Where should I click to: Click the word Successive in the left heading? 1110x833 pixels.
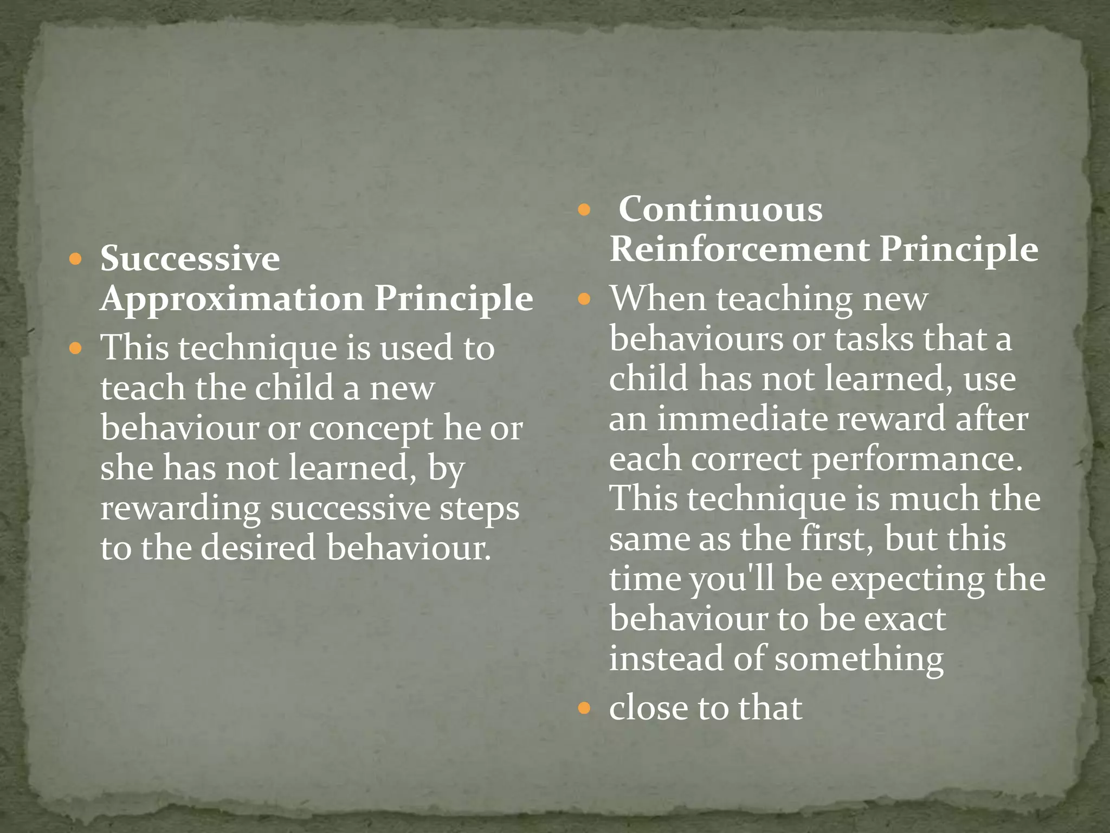tap(190, 258)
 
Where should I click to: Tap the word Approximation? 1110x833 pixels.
tap(232, 299)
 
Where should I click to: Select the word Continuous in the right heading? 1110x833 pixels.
tap(720, 209)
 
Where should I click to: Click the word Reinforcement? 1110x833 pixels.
tap(739, 249)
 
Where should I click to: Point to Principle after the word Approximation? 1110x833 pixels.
tap(454, 299)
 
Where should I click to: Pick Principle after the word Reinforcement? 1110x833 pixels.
tap(959, 249)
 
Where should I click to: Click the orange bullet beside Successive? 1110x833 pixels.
tap(76, 259)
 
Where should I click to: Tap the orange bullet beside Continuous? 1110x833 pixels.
tap(584, 210)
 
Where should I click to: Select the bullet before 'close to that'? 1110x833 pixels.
tap(584, 708)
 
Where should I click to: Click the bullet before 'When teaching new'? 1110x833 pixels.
tap(584, 299)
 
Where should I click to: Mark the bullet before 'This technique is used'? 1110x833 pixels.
tap(76, 348)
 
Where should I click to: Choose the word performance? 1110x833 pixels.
tap(917, 460)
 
